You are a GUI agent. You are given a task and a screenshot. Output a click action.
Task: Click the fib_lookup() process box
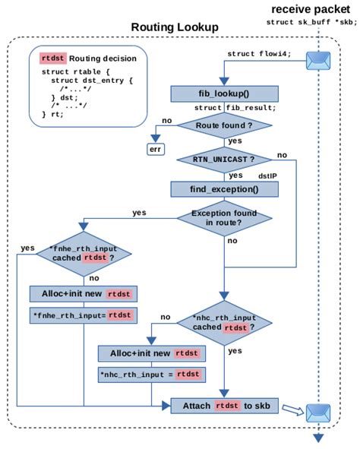coord(223,93)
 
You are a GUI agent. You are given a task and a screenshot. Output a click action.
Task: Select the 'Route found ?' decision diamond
coord(223,126)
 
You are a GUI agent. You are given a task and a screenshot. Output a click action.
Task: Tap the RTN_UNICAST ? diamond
coord(223,160)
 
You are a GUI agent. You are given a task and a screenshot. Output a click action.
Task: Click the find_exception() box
coord(223,188)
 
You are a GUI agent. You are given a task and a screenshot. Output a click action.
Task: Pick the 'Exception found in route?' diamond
coord(223,218)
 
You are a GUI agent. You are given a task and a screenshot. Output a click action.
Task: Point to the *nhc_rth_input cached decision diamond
coord(224,323)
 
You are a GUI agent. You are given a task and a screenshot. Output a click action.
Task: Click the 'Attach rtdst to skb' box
coord(224,406)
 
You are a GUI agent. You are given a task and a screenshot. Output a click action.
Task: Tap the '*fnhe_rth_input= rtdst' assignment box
coord(81,315)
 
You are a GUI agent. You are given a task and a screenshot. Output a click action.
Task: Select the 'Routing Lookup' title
coord(175,27)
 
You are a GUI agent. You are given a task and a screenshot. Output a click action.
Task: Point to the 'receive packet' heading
coord(311,9)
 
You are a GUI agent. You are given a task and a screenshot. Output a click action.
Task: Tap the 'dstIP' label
coord(267,175)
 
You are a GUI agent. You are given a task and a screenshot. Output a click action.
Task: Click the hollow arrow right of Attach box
coord(291,409)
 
